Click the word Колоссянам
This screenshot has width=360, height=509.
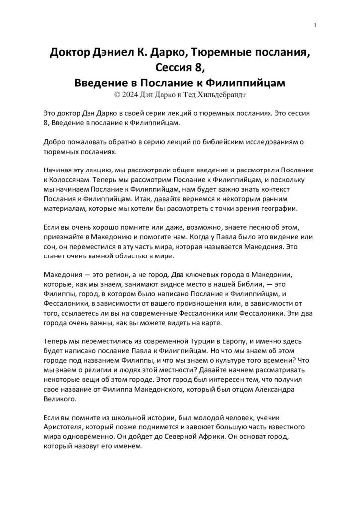tap(69, 180)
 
